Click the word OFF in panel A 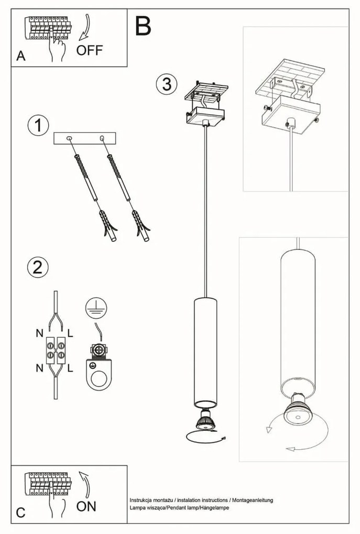coord(90,50)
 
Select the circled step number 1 coord(38,126)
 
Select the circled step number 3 coord(166,84)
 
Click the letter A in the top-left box coord(21,57)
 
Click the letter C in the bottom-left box coord(20,513)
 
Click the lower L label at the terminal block coord(71,368)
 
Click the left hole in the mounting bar coord(70,138)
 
